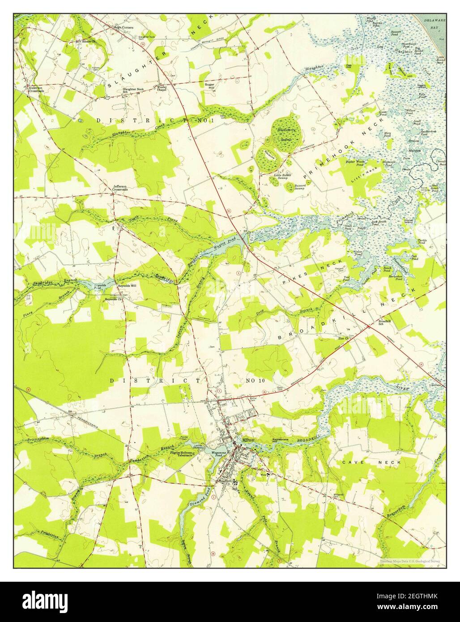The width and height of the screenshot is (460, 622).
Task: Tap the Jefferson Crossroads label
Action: pyautogui.click(x=119, y=188)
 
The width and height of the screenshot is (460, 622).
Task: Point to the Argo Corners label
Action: pyautogui.click(x=124, y=27)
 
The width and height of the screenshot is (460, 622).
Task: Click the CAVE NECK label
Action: pyautogui.click(x=359, y=461)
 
